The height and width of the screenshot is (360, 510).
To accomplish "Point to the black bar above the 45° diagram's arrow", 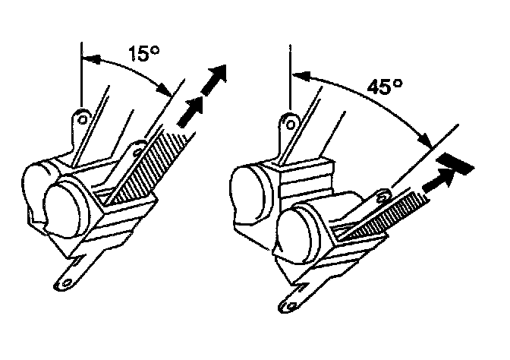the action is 455,162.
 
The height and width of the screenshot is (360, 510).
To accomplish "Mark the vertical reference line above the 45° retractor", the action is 291,76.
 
